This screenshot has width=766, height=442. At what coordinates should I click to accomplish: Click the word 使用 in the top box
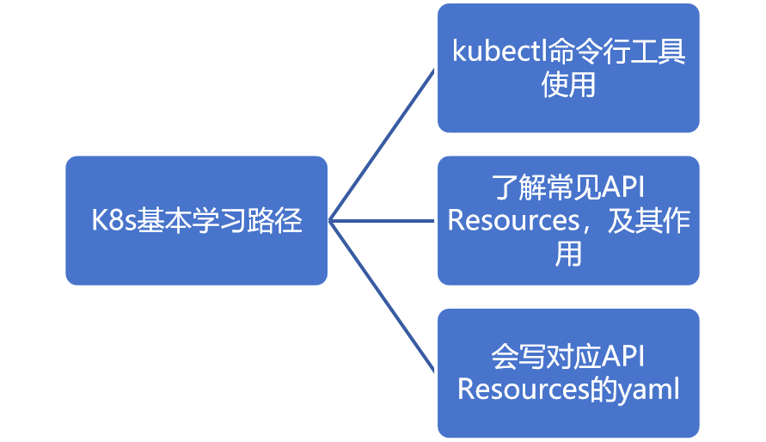coord(568,85)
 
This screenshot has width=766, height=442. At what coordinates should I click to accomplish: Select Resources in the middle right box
coord(513,221)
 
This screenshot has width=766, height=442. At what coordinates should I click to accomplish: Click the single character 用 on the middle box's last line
coord(568,255)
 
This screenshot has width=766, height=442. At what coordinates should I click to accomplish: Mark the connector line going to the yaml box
coord(383,297)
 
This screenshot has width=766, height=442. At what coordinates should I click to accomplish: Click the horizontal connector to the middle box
coord(383,221)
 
